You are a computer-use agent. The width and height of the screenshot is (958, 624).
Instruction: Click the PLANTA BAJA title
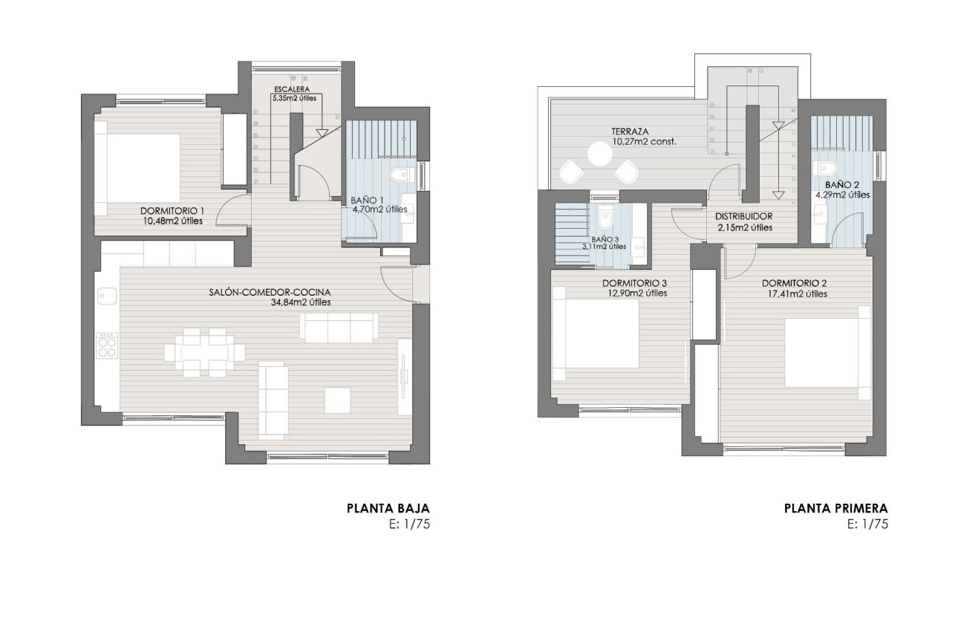click(x=388, y=509)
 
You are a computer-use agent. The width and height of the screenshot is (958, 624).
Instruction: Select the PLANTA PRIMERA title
click(x=835, y=509)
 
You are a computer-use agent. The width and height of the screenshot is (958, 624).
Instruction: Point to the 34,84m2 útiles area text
click(x=301, y=302)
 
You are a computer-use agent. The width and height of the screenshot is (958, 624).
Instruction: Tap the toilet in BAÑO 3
click(x=604, y=220)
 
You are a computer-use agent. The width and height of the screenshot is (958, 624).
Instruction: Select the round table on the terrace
click(x=599, y=155)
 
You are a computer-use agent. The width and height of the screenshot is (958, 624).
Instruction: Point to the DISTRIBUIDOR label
click(x=744, y=217)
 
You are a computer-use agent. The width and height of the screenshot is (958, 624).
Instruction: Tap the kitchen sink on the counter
click(x=103, y=296)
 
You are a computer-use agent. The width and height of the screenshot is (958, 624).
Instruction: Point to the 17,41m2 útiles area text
click(x=795, y=294)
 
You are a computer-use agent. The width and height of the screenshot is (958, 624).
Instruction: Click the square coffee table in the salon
click(x=339, y=400)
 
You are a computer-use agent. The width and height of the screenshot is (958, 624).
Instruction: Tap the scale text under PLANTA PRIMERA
click(x=867, y=524)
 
